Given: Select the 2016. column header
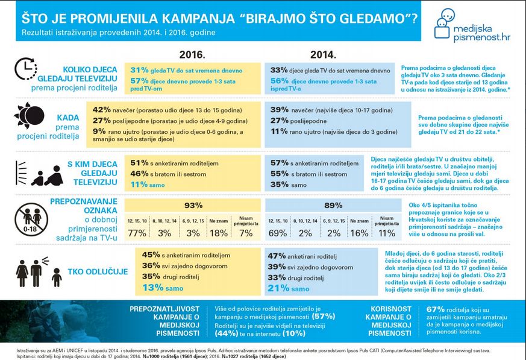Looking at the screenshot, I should [x=192, y=52].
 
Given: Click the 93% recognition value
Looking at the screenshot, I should [x=193, y=205].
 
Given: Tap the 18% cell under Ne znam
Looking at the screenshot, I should [x=219, y=233].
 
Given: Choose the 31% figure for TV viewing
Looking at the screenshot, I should [x=139, y=70].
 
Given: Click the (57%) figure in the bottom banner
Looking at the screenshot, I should [x=324, y=315].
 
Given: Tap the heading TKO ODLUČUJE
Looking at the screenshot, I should [x=99, y=272].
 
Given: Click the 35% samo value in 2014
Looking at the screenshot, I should [x=280, y=185].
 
